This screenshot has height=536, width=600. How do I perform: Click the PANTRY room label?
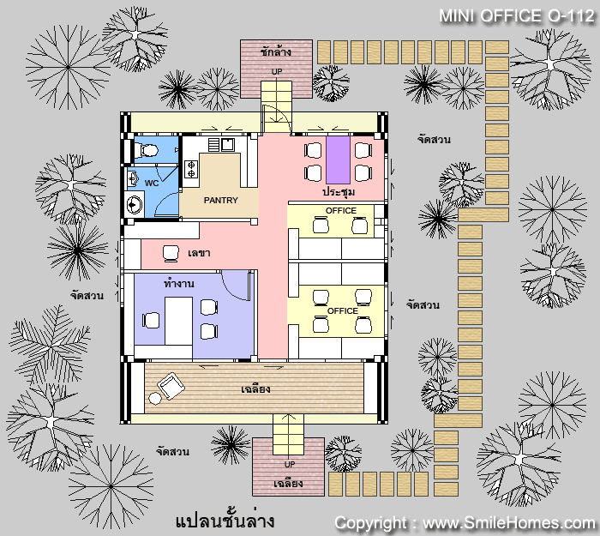click(x=221, y=200)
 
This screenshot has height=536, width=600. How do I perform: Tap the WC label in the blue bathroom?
click(x=152, y=184)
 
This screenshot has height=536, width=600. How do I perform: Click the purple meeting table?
click(x=338, y=160)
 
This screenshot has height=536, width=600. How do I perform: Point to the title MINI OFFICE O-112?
click(x=517, y=16)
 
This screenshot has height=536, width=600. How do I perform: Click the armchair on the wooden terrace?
click(x=171, y=385)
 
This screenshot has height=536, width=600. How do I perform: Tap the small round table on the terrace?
click(x=155, y=399)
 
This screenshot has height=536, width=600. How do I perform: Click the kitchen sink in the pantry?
click(x=228, y=144)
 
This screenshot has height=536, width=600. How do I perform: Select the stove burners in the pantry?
click(x=191, y=170)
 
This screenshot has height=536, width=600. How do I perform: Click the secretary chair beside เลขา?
click(x=171, y=253)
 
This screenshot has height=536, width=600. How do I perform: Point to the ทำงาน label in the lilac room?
click(x=178, y=284)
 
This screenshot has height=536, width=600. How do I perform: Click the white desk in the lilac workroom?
click(x=178, y=321)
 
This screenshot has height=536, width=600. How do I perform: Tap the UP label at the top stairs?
click(x=277, y=71)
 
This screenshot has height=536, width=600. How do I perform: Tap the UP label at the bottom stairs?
click(x=290, y=465)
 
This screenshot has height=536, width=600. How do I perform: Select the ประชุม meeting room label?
click(x=339, y=191)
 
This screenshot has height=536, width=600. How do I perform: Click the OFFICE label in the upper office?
click(x=341, y=211)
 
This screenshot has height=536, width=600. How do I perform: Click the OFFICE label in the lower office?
click(x=343, y=310)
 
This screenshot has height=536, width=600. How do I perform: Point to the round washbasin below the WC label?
click(x=134, y=204)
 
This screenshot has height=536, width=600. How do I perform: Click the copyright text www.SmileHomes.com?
click(x=509, y=523)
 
